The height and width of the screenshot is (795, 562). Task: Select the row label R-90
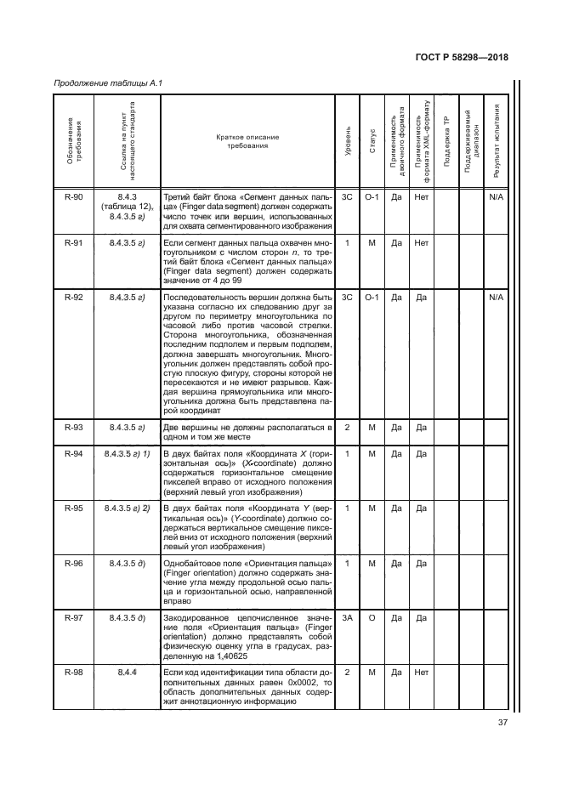74,196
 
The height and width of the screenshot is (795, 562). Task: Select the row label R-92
74,297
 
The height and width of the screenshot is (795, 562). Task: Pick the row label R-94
74,453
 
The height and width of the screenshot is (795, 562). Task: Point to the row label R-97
74,618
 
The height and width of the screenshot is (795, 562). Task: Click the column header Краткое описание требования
247,141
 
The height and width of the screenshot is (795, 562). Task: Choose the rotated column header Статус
372,142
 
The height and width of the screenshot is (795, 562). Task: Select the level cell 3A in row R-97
347,618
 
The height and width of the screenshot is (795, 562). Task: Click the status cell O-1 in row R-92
372,297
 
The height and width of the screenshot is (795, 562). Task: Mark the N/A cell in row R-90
497,196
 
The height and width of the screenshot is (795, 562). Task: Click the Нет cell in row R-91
421,242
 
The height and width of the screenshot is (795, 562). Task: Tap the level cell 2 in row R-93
347,427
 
